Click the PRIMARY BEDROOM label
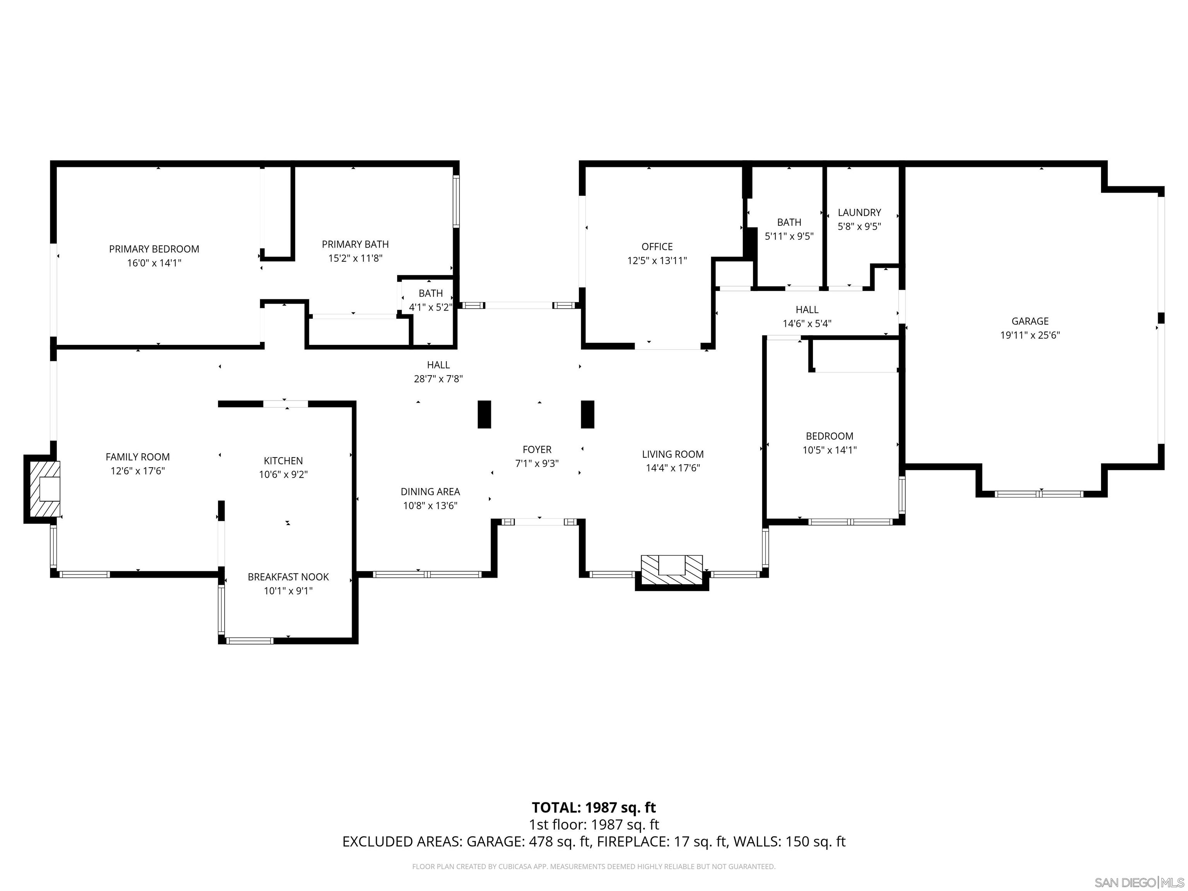click(154, 249)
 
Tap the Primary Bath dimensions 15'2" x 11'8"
click(355, 258)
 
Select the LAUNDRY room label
click(859, 213)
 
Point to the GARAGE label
click(1029, 321)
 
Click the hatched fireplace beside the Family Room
click(43, 489)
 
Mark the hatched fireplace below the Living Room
click(671, 570)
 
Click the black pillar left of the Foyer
click(484, 414)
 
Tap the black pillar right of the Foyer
click(587, 414)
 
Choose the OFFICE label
click(657, 246)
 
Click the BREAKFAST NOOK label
click(288, 577)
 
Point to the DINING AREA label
click(430, 492)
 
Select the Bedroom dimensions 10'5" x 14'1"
click(829, 451)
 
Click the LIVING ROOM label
click(673, 454)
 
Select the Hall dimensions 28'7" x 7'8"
click(438, 379)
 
